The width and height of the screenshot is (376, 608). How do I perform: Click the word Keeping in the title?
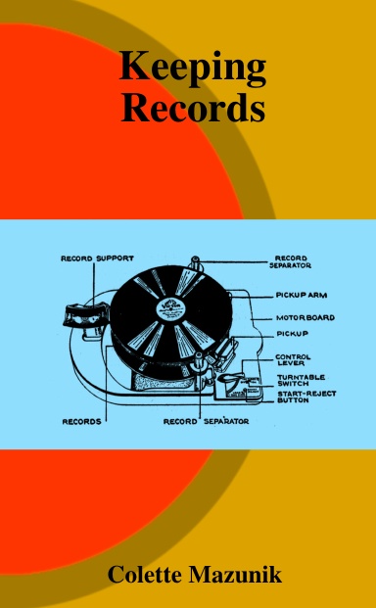point(193,69)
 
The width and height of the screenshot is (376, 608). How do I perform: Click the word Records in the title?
point(193,107)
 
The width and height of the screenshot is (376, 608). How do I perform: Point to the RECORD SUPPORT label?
point(98,259)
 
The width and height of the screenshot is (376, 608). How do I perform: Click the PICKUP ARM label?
point(299,295)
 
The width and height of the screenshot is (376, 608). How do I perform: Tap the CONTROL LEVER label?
point(293,359)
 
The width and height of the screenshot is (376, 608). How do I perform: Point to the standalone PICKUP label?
point(292,334)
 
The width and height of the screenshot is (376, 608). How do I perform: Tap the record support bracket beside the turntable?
point(73,316)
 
